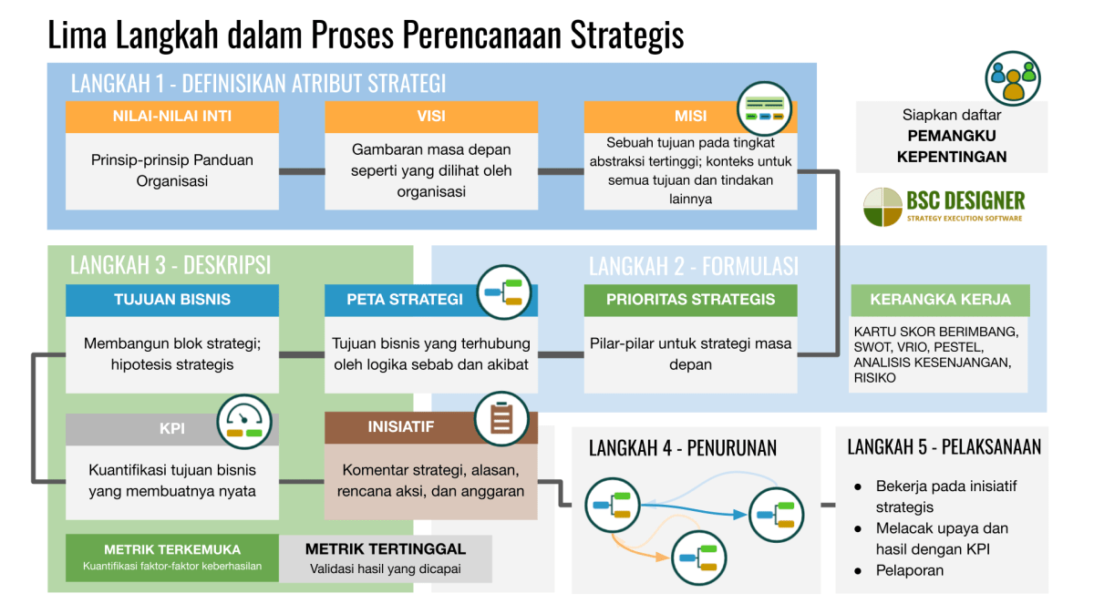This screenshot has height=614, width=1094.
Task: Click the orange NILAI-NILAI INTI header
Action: (172, 117)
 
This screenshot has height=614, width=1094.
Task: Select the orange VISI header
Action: (431, 117)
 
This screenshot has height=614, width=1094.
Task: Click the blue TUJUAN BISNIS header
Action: (172, 300)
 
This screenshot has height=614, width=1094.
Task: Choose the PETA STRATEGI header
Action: (405, 300)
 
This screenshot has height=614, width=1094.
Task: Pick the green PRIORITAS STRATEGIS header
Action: (690, 300)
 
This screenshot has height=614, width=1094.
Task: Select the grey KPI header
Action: (172, 429)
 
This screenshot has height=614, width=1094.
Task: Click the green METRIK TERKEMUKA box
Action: (172, 557)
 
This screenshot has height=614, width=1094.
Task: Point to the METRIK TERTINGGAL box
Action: (386, 557)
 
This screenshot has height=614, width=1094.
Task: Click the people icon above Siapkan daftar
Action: (1013, 77)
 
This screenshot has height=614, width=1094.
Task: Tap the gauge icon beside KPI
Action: (244, 420)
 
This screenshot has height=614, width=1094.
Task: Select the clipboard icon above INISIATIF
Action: (501, 418)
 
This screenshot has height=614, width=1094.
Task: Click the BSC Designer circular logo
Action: (882, 206)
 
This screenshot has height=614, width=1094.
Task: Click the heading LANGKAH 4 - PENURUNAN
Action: (683, 447)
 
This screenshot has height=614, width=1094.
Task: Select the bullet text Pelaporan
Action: (909, 570)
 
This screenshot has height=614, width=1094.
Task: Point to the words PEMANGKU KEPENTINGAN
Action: (952, 146)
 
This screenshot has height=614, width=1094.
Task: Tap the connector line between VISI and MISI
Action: (561, 171)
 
